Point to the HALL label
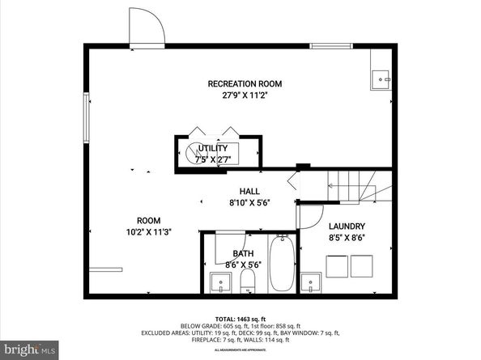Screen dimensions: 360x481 237,191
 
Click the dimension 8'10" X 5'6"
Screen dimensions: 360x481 237,205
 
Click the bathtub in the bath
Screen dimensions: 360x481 281,263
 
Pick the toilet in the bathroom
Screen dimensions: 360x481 249,282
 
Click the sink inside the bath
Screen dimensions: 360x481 219,283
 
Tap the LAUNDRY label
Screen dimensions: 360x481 347,227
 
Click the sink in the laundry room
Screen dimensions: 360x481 311,283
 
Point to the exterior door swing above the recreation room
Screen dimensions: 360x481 147,27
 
